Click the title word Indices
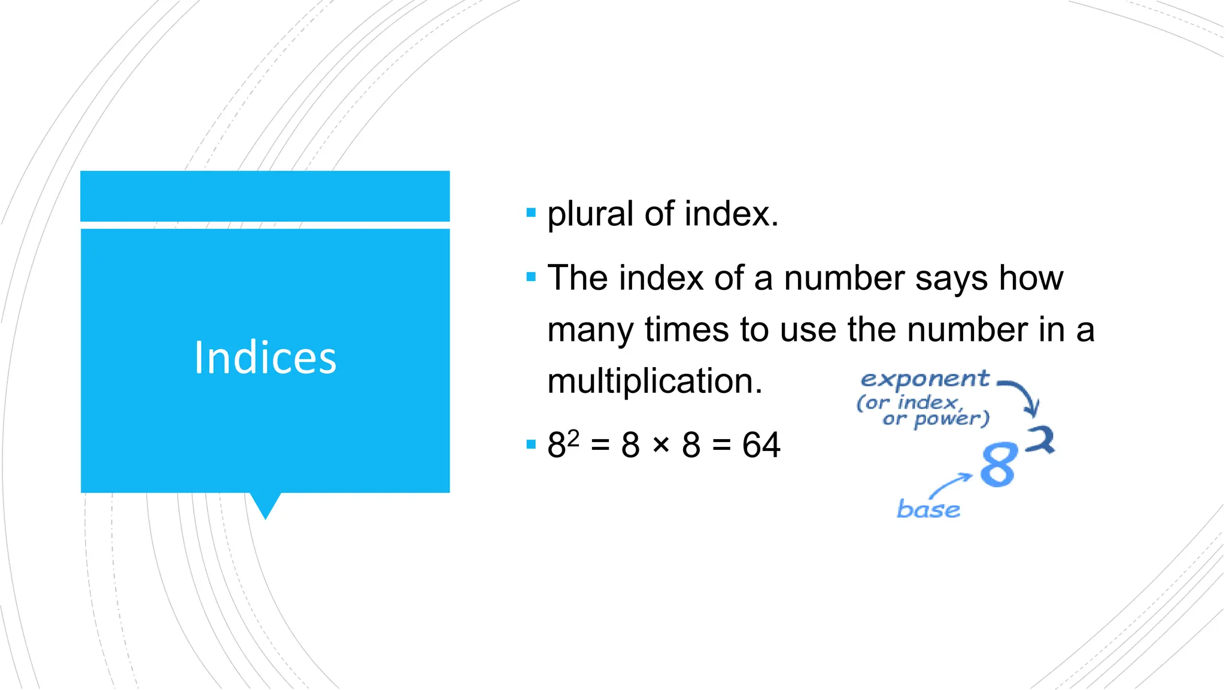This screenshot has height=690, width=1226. tap(265, 358)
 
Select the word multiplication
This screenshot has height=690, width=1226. tap(655, 381)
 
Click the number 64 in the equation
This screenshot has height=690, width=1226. tap(761, 445)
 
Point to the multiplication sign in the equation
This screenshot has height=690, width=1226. tap(661, 444)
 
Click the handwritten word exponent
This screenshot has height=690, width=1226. tap(924, 379)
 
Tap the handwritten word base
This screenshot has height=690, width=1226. tap(928, 509)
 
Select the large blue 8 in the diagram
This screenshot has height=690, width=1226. tap(999, 465)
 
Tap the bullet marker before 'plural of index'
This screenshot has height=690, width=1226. tap(530, 212)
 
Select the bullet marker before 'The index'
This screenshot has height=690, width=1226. tap(530, 277)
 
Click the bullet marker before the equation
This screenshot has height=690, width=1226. tap(530, 444)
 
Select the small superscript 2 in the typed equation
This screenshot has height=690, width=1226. tap(573, 438)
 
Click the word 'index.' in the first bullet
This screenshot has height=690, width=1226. tap(731, 214)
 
